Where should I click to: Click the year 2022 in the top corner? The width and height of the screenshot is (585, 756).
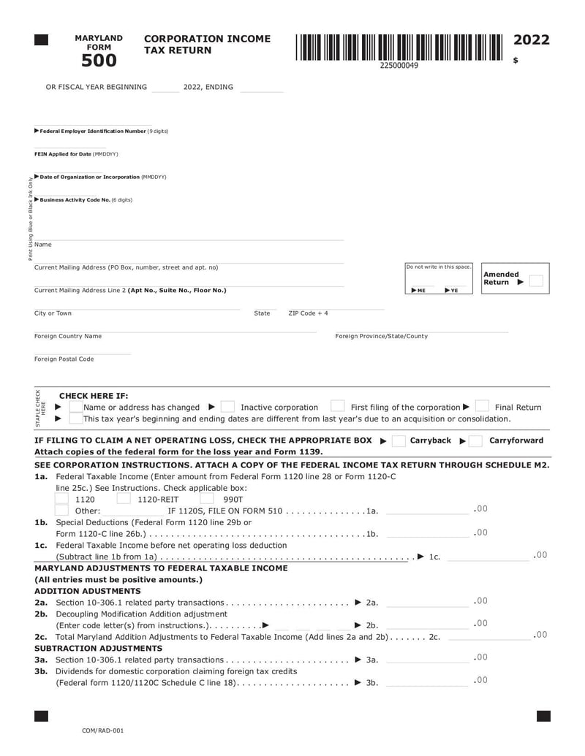pos(532,40)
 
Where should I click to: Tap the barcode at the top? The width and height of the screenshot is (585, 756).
pos(399,47)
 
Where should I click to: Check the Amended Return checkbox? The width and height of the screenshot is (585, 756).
pos(536,281)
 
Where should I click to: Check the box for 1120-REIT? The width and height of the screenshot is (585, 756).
pos(124,499)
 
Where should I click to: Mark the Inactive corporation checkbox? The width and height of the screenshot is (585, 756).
pos(227,407)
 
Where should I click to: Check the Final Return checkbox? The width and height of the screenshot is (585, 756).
pos(482,407)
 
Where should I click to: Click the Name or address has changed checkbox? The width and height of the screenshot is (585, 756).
pos(75,407)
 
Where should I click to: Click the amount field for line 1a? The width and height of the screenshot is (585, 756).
pos(428,510)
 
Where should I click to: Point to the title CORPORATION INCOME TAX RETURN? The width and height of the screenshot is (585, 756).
pos(208,44)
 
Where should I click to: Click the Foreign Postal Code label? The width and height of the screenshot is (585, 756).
pos(64,359)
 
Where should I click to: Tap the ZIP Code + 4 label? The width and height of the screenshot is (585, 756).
pos(309,313)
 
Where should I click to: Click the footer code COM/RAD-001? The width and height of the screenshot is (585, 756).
pos(102,730)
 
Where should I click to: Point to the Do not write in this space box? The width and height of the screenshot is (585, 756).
pos(439,278)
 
